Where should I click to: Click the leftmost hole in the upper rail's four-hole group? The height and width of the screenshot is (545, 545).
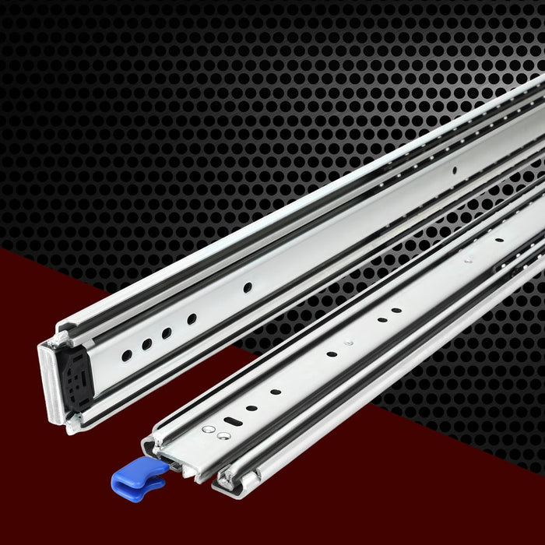(x=126, y=355)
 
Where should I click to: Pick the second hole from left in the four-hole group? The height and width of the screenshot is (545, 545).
(x=146, y=343)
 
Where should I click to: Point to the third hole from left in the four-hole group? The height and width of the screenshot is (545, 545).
(x=167, y=332)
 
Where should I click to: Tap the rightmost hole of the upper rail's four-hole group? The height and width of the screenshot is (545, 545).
(x=192, y=318)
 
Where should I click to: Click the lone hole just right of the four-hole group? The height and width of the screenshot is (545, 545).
(x=248, y=287)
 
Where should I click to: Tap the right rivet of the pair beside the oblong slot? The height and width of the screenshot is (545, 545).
(x=222, y=437)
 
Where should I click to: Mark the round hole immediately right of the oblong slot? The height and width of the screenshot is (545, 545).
(x=251, y=407)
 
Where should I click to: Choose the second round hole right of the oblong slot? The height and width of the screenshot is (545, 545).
(x=276, y=391)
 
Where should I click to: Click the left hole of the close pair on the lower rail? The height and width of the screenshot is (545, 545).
(x=382, y=318)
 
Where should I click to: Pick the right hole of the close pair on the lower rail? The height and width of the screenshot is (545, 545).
(x=396, y=310)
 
